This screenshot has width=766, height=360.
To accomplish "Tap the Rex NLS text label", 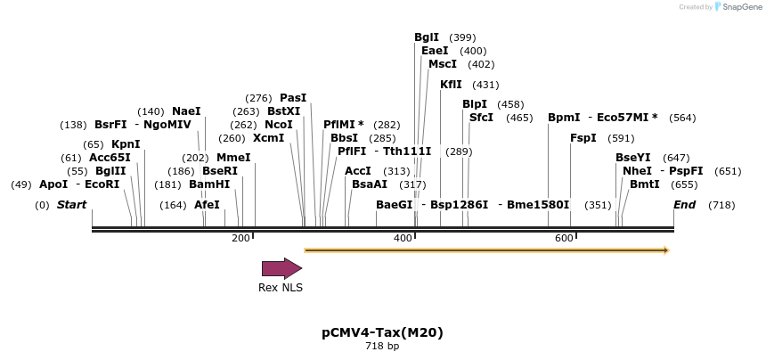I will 281,288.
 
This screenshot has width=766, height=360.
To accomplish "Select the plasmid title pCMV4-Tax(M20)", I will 382,332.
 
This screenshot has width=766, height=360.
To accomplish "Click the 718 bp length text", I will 382,346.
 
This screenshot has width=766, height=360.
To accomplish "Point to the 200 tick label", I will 240,238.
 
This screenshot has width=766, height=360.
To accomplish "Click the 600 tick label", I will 564,238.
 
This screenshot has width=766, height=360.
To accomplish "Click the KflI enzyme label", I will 451,85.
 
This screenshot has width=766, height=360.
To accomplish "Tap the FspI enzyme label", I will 583,138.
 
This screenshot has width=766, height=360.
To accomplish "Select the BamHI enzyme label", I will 209,184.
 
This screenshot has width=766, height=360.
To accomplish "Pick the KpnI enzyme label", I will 126,144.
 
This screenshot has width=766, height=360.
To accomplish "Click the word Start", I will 72,205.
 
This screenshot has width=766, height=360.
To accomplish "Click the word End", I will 685,205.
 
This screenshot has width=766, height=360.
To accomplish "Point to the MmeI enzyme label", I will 233,158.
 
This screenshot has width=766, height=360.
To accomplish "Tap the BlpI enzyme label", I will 475,104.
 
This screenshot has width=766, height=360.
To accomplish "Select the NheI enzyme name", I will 637,170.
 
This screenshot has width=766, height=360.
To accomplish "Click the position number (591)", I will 621,138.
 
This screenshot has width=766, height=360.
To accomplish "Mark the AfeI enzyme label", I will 207,205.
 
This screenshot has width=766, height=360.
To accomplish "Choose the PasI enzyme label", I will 293,98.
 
